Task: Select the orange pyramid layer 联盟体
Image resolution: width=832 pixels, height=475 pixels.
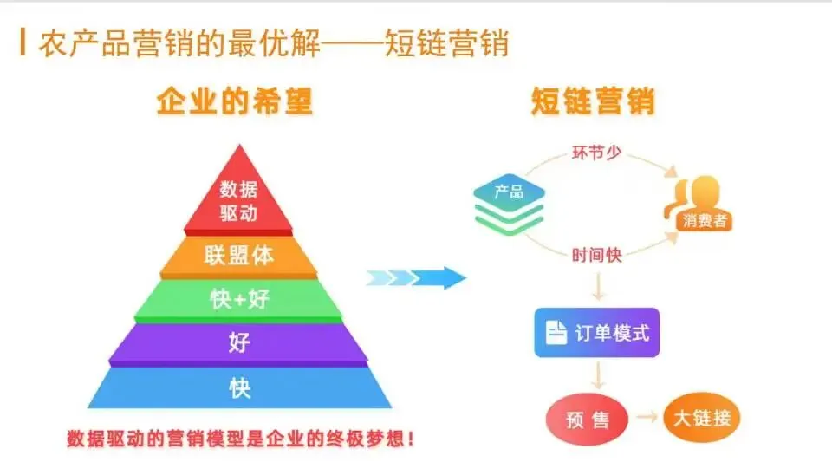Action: [239, 255]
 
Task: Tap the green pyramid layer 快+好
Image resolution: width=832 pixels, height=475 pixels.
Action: [239, 299]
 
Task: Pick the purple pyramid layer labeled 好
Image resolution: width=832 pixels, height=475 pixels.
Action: [239, 342]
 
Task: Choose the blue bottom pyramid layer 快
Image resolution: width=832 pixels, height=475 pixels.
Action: [239, 387]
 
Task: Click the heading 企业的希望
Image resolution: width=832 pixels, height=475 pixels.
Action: [234, 102]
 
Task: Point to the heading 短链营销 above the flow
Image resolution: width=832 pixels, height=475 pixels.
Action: [593, 102]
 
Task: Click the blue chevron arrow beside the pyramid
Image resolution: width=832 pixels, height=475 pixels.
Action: [416, 278]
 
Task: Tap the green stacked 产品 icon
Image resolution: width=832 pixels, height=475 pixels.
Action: [510, 206]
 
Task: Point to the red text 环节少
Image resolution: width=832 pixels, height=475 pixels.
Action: [595, 153]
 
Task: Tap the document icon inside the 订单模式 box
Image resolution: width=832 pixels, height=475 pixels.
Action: [556, 332]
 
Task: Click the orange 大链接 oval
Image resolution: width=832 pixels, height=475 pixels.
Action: [702, 419]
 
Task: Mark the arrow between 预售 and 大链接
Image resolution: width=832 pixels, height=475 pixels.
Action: [647, 420]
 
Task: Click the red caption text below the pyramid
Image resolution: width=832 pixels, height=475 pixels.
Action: [240, 439]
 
